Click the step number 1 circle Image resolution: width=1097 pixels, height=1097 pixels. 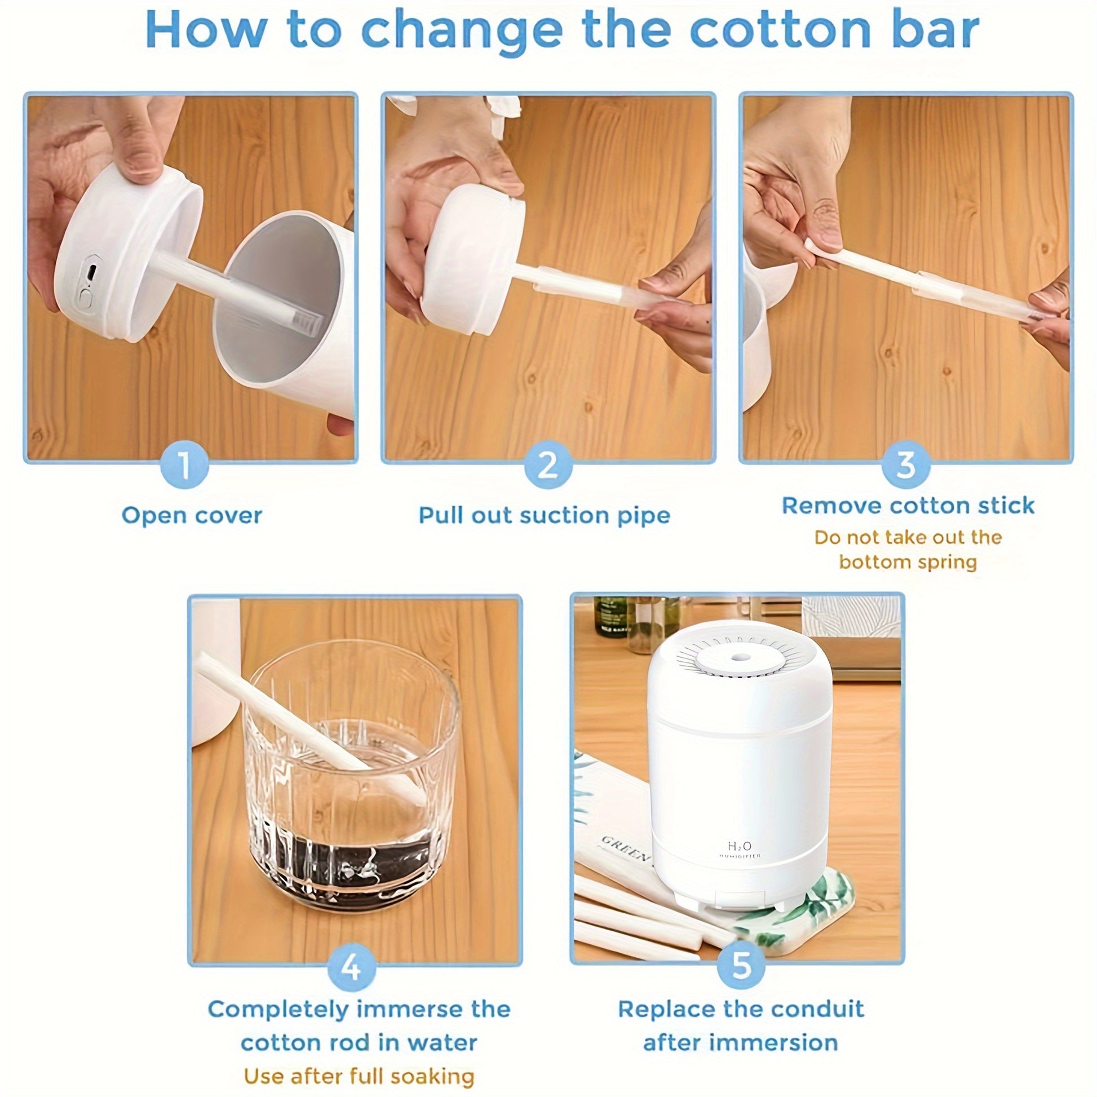[x=185, y=464]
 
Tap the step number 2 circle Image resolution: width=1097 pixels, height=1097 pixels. [x=548, y=464]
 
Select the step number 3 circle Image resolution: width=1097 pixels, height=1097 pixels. [x=906, y=464]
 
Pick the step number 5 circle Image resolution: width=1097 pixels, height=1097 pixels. [x=741, y=965]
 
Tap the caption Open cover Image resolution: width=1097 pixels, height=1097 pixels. [x=192, y=516]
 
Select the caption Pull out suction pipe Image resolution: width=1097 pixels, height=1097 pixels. [x=545, y=516]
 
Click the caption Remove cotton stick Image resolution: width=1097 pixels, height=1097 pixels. [x=908, y=505]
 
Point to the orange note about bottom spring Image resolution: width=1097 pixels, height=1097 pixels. [x=908, y=549]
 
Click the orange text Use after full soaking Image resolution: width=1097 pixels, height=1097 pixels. [x=359, y=1076]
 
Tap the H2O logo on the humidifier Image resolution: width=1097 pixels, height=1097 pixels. [x=740, y=847]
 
